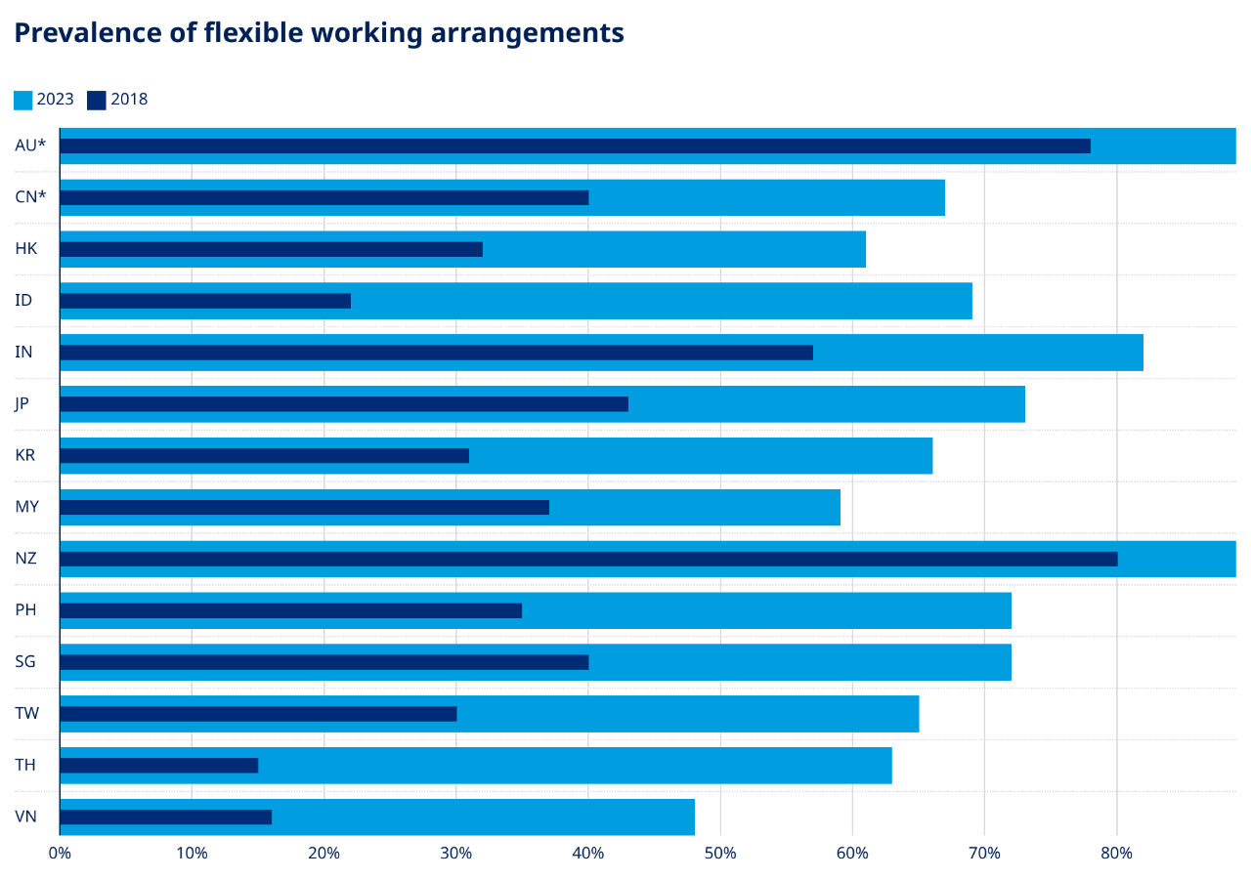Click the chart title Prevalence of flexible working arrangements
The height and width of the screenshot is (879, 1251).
(x=319, y=33)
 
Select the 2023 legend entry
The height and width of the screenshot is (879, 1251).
(x=44, y=100)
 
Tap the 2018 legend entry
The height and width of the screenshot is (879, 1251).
(x=117, y=100)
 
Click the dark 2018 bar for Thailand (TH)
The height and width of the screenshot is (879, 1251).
(x=158, y=766)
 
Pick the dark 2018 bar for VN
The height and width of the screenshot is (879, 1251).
(x=165, y=817)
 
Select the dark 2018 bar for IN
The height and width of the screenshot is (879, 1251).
(x=436, y=353)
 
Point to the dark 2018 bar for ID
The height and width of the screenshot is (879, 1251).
(x=205, y=301)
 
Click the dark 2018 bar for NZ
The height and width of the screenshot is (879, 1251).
(x=588, y=559)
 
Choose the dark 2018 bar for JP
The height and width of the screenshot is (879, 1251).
(x=344, y=404)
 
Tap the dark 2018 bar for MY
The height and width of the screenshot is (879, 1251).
(x=304, y=507)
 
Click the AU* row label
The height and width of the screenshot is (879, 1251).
(x=30, y=146)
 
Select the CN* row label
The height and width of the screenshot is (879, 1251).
(x=30, y=197)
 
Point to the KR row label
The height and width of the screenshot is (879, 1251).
(x=25, y=455)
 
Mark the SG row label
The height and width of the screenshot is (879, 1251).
(x=25, y=662)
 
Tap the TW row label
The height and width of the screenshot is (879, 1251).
(x=26, y=714)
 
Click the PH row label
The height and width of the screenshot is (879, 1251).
(x=25, y=610)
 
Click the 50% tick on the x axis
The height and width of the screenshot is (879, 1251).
(x=720, y=854)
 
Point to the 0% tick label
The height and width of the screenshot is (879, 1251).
(x=60, y=854)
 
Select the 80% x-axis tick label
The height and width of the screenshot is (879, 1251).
(x=1116, y=854)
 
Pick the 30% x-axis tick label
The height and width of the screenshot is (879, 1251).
(x=455, y=854)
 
